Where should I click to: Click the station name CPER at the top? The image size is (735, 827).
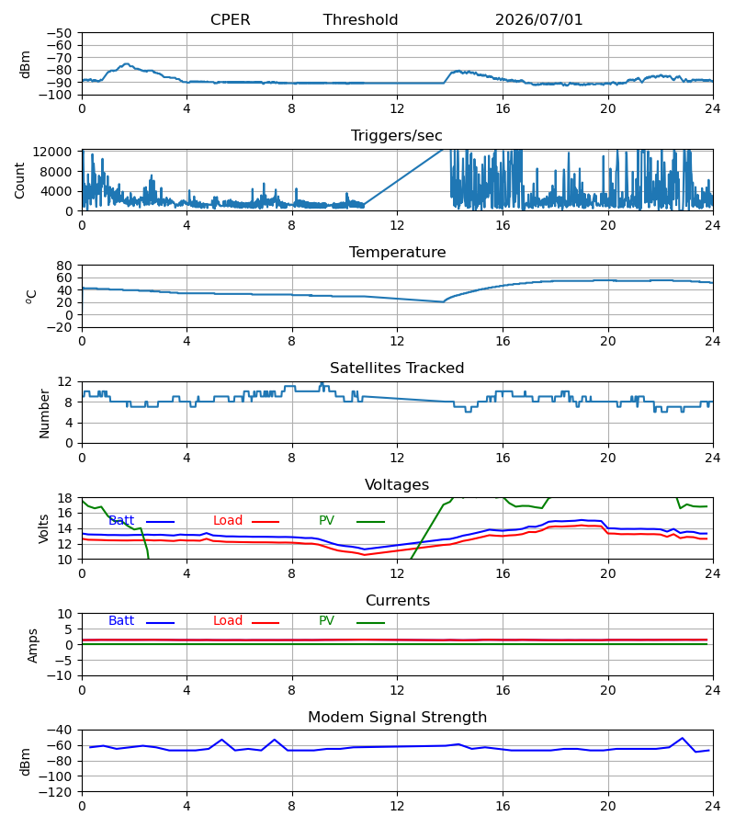click(x=230, y=19)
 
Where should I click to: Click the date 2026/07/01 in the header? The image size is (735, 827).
click(x=538, y=19)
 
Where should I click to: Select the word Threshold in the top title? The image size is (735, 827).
click(x=360, y=19)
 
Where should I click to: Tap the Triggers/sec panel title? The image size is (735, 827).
click(x=397, y=136)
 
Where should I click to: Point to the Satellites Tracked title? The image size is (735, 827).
click(x=397, y=368)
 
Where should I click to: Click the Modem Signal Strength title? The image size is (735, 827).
click(x=397, y=718)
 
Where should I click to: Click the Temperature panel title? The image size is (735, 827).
click(x=397, y=252)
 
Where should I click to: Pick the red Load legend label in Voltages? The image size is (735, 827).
click(x=228, y=520)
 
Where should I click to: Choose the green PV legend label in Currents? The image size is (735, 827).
click(x=326, y=621)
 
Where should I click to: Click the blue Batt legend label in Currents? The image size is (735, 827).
click(x=121, y=621)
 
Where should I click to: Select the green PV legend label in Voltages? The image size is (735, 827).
click(x=326, y=520)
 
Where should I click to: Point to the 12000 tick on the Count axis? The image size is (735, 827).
click(x=52, y=152)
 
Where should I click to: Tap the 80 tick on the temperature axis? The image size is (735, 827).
click(x=64, y=266)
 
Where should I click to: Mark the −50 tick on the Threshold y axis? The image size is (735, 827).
click(x=59, y=33)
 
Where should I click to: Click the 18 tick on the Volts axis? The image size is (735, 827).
click(x=64, y=498)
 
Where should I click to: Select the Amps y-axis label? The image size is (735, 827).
click(x=33, y=645)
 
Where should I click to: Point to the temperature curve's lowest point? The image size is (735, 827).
click(x=444, y=301)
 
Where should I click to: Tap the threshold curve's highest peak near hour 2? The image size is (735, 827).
click(x=127, y=63)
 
